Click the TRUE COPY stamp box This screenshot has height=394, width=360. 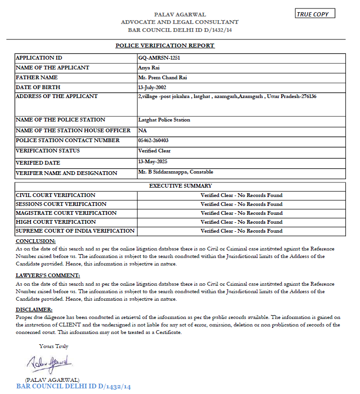point(315,14)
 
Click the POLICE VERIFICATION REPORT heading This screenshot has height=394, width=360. point(165,45)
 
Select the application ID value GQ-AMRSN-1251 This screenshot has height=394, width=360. point(159,58)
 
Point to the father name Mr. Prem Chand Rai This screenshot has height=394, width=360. point(163,78)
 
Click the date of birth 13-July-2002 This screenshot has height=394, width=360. point(152,88)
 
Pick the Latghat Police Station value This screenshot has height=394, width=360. point(164,120)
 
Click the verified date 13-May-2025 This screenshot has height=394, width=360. point(152,161)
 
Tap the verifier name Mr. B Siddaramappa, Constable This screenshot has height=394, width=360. point(176,172)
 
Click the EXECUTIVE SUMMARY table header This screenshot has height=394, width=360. point(180,186)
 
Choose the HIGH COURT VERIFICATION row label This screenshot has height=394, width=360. point(56,222)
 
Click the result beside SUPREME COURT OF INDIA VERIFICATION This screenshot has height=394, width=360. point(241,231)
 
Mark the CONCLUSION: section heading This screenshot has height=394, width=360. point(36,241)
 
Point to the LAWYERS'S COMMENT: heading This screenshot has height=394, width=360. point(48,276)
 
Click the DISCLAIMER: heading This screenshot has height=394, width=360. point(34,310)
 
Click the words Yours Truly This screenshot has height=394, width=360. point(54,347)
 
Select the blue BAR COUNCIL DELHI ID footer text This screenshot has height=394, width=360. point(74,386)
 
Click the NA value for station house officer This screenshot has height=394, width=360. point(142,130)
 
